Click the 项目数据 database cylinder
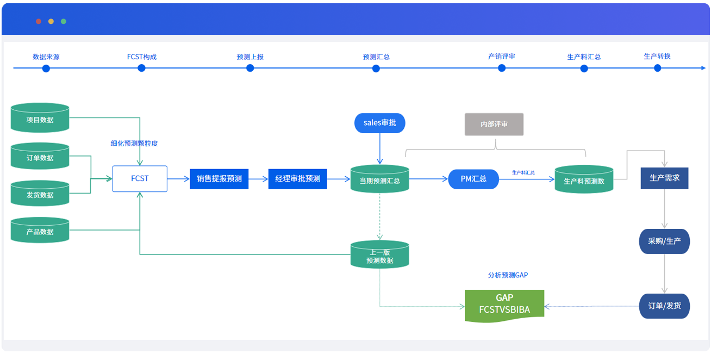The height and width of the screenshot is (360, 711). pos(40,117)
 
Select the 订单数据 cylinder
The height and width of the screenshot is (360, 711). pos(40,156)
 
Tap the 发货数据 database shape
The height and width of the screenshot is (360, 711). pos(40,194)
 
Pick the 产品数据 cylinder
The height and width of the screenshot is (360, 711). pos(40,230)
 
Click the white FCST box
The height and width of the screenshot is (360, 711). pos(140,179)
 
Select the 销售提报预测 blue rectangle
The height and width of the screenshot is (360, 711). pos(219,179)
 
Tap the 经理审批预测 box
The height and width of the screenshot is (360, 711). pos(297,179)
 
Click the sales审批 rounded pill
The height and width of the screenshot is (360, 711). pos(379,123)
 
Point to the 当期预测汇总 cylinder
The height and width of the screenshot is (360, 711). pos(379,179)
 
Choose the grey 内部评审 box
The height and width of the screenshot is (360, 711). pos(494,124)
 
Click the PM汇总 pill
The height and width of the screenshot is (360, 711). pos(473,179)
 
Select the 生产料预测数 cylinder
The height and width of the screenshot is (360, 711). pos(584,179)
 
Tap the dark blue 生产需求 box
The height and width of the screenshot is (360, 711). pos(664,178)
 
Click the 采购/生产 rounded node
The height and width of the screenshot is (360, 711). pos(664,241)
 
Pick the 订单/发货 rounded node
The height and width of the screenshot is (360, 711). pos(664,306)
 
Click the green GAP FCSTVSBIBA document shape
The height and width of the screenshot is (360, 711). pos(504,306)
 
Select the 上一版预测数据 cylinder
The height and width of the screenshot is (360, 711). pos(379,255)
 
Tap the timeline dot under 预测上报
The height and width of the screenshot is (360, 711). pos(250,68)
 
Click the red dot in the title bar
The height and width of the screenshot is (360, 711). pos(39,21)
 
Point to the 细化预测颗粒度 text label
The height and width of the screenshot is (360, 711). pos(134,144)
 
